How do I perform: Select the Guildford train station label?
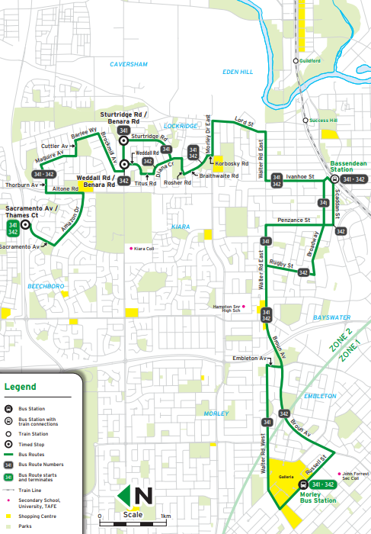click(310, 60)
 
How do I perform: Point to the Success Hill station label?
click(322, 121)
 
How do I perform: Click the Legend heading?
click(21, 387)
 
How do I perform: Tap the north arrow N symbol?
click(142, 497)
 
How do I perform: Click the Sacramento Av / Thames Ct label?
click(31, 211)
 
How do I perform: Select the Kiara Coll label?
click(143, 248)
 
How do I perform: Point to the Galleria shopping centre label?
click(286, 478)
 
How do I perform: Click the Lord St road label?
click(243, 120)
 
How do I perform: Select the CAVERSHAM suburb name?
click(127, 65)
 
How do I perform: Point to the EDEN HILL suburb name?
click(236, 71)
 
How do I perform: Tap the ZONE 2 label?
click(337, 339)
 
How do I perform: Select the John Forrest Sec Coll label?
click(356, 476)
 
